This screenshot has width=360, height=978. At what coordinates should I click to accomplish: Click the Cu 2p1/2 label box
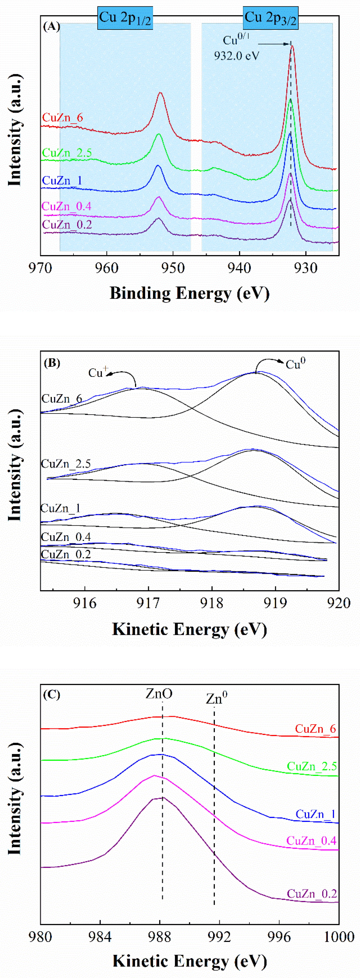coord(125,18)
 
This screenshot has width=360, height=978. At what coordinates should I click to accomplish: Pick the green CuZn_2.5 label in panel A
coord(67,153)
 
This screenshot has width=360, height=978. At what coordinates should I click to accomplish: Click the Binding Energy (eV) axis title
coord(189,293)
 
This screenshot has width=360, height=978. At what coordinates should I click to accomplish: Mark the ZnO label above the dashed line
coord(159,694)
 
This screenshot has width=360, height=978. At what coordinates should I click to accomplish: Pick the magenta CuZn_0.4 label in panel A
coord(66,206)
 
